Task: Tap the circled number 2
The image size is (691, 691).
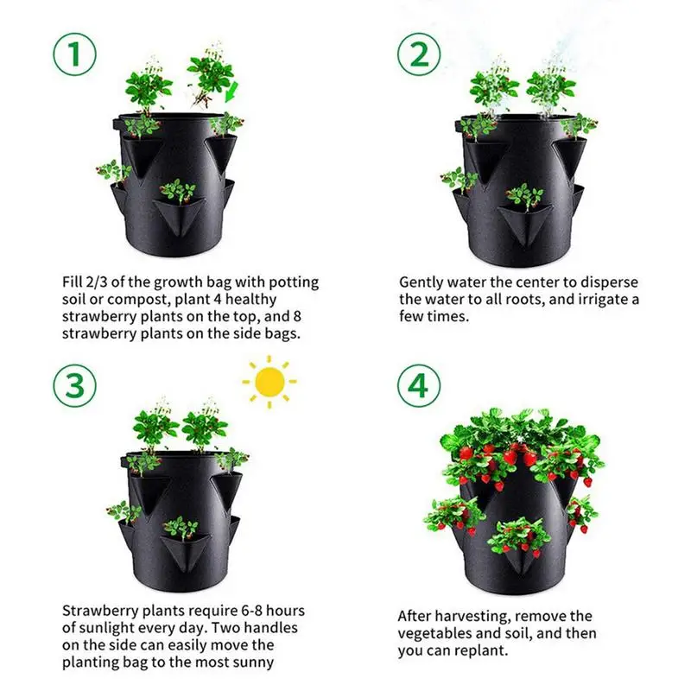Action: [418, 55]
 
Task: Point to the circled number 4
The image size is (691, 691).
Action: [418, 385]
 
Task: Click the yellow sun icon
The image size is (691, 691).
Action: [269, 380]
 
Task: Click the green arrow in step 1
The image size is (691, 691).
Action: [232, 92]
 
